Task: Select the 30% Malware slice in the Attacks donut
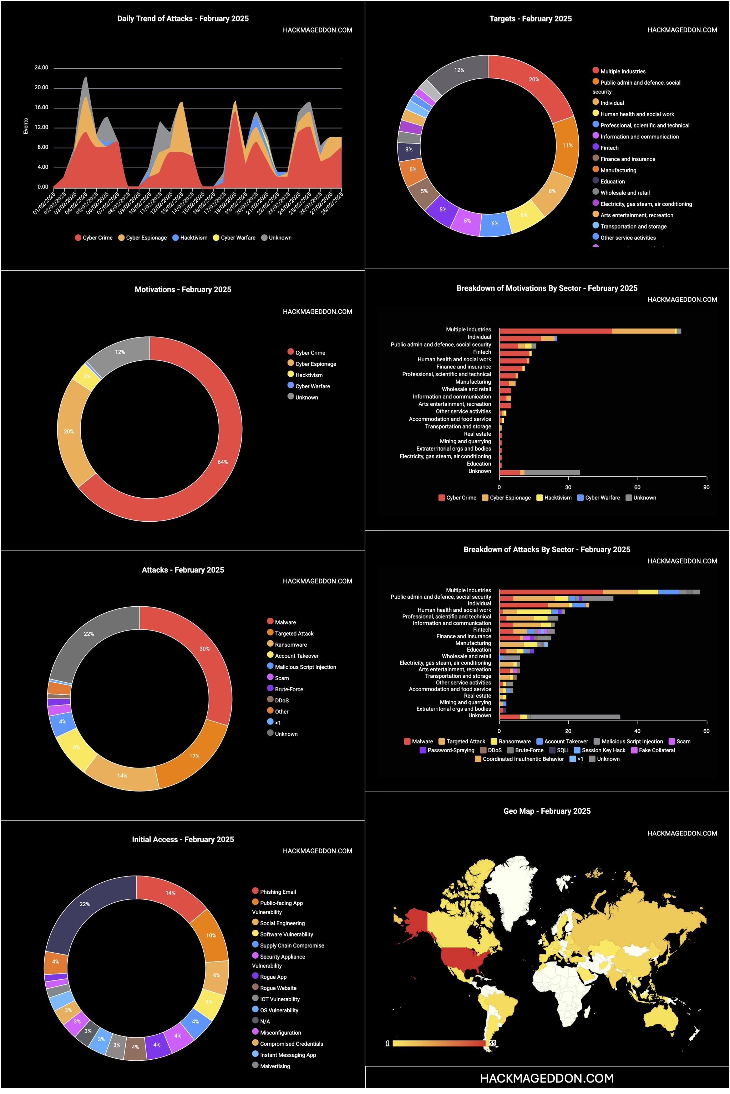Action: coord(204,648)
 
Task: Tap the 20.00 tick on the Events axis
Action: coord(41,87)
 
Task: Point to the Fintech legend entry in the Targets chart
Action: coord(609,148)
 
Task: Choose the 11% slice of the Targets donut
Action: coord(567,145)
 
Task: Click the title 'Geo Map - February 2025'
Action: coord(547,811)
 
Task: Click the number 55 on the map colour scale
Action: coord(492,1044)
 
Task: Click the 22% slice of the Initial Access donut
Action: coord(85,904)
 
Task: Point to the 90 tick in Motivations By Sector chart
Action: coord(706,487)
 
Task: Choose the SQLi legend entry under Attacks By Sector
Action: coord(562,750)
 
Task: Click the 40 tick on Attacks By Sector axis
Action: coord(637,731)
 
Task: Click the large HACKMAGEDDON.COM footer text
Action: coord(547,1078)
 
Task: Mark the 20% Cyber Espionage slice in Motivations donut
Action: coord(69,431)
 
